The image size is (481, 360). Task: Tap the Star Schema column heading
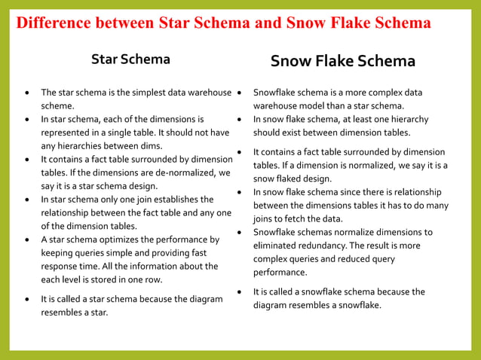[x=130, y=59]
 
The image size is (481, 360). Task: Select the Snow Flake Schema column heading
[x=342, y=61]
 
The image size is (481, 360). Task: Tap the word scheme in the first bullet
[x=57, y=106]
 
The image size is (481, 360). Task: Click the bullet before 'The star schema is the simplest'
[x=28, y=93]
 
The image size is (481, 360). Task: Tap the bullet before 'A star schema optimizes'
[x=28, y=239]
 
